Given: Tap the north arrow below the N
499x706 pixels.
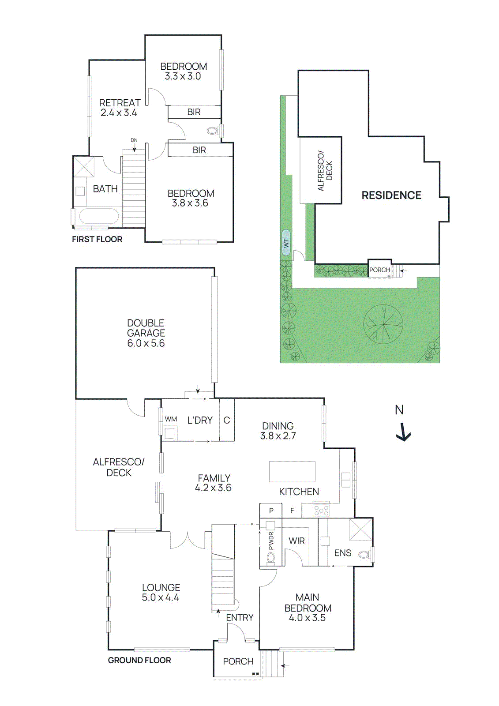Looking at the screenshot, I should pyautogui.click(x=403, y=432).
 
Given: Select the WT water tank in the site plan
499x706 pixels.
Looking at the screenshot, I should pyautogui.click(x=286, y=242).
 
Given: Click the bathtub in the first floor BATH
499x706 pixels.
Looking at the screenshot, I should pyautogui.click(x=98, y=217).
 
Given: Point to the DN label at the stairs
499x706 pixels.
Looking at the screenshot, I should pyautogui.click(x=134, y=140).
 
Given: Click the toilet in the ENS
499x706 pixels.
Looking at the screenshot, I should pyautogui.click(x=364, y=554).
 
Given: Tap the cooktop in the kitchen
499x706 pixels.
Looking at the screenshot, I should pyautogui.click(x=321, y=511).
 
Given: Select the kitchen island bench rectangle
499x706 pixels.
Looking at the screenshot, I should pyautogui.click(x=292, y=471).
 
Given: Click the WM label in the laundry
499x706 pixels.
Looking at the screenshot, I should pyautogui.click(x=171, y=419).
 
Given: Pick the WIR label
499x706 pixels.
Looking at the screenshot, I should pyautogui.click(x=296, y=541).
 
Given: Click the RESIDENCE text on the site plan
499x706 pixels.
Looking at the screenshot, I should pyautogui.click(x=391, y=195).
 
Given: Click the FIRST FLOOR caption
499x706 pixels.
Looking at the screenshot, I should pyautogui.click(x=97, y=239).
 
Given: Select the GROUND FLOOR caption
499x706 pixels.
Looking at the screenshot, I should pyautogui.click(x=139, y=660).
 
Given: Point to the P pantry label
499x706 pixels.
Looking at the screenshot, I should pyautogui.click(x=271, y=511).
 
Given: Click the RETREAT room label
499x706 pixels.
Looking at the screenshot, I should pyautogui.click(x=120, y=103).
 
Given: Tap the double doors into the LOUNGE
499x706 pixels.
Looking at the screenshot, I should pyautogui.click(x=188, y=541).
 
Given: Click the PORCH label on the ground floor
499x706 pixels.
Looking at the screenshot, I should pyautogui.click(x=238, y=661).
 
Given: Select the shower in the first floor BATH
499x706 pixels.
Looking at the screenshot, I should pyautogui.click(x=84, y=167).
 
